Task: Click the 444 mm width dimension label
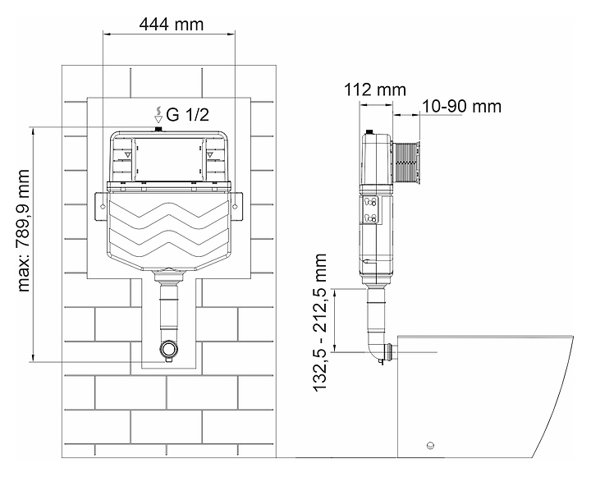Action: [171, 25]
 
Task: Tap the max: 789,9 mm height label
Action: [23, 231]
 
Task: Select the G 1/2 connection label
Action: [187, 115]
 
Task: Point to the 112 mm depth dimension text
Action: [375, 89]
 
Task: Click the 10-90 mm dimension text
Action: [461, 107]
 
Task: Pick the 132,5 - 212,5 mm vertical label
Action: [319, 323]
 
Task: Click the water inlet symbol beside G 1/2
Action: [159, 115]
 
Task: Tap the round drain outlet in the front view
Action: [169, 349]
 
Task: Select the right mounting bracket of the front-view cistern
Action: [236, 206]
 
